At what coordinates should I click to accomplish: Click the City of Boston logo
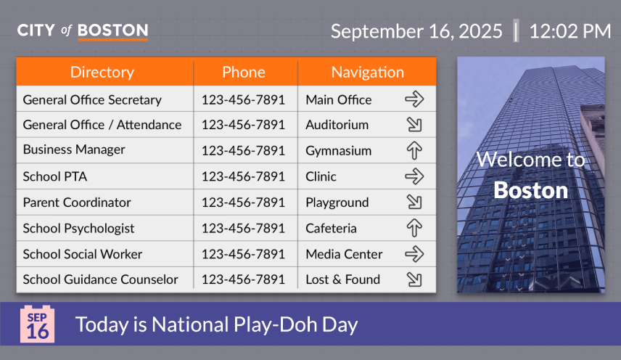pyautogui.click(x=83, y=31)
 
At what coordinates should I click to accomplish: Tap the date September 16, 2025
pyautogui.click(x=416, y=31)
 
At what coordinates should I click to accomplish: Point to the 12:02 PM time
pyautogui.click(x=570, y=31)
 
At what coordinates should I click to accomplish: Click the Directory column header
pyautogui.click(x=102, y=72)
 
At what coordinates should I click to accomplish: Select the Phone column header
pyautogui.click(x=244, y=72)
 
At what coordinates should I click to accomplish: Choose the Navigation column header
pyautogui.click(x=368, y=72)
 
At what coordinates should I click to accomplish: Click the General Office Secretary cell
pyautogui.click(x=92, y=100)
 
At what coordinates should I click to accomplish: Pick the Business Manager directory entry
pyautogui.click(x=74, y=150)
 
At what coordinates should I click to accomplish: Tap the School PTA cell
pyautogui.click(x=55, y=176)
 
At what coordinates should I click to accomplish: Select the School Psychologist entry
pyautogui.click(x=78, y=229)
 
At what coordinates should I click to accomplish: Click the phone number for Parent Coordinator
pyautogui.click(x=243, y=202)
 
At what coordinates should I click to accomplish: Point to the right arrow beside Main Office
pyautogui.click(x=414, y=99)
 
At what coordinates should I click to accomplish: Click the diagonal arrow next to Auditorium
pyautogui.click(x=414, y=125)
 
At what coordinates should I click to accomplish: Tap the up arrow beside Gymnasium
pyautogui.click(x=414, y=150)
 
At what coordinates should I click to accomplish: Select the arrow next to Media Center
pyautogui.click(x=414, y=254)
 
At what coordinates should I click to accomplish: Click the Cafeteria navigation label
pyautogui.click(x=331, y=229)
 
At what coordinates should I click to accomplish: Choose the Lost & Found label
pyautogui.click(x=343, y=279)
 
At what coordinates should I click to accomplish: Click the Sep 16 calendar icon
pyautogui.click(x=37, y=324)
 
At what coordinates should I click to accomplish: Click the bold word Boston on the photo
pyautogui.click(x=531, y=190)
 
